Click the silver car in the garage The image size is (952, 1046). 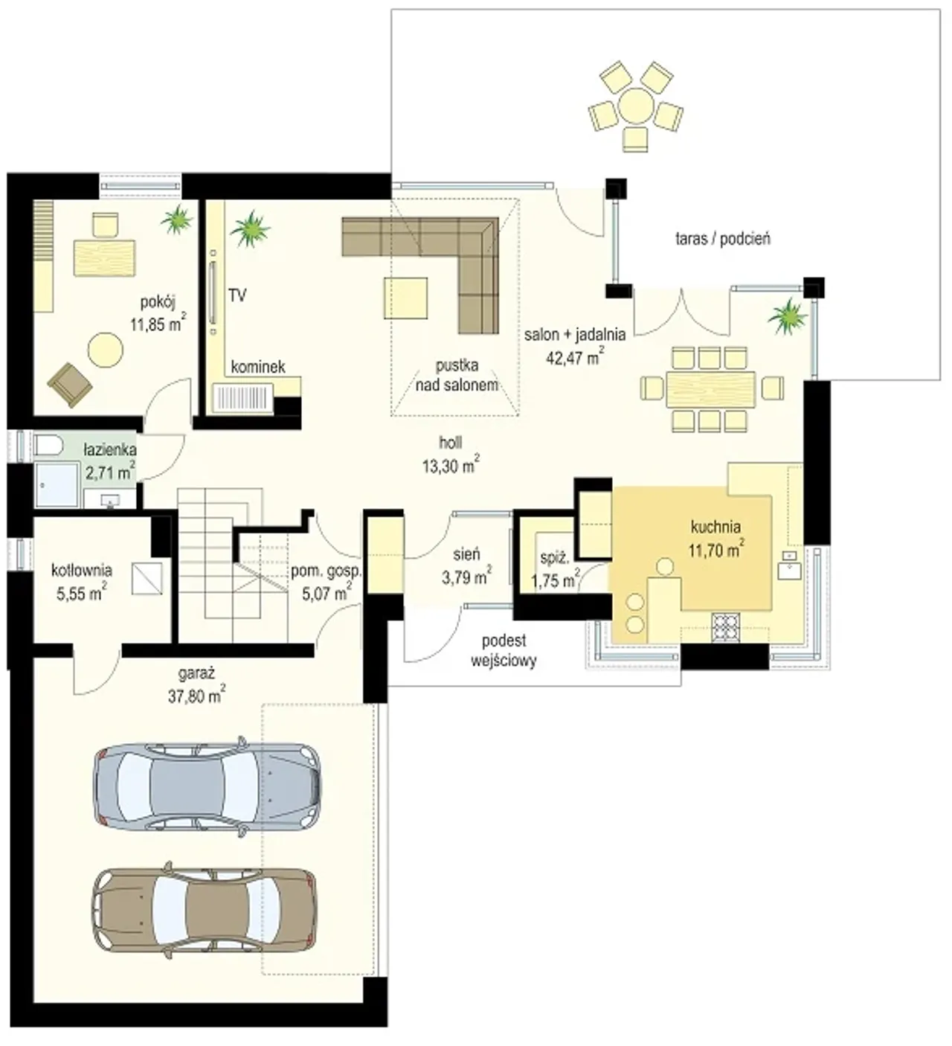207,786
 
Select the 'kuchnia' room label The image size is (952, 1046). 715,527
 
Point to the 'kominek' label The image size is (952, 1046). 258,367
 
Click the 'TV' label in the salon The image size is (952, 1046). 237,295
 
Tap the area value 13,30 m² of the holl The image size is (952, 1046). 451,466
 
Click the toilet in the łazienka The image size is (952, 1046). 49,446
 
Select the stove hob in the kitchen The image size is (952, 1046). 725,629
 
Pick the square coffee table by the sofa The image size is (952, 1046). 405,298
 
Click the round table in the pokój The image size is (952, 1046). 106,350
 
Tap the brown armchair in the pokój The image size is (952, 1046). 70,385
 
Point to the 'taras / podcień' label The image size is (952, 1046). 723,240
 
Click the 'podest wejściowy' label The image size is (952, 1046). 504,651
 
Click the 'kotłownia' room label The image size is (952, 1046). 81,571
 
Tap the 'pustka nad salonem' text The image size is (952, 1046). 457,376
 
